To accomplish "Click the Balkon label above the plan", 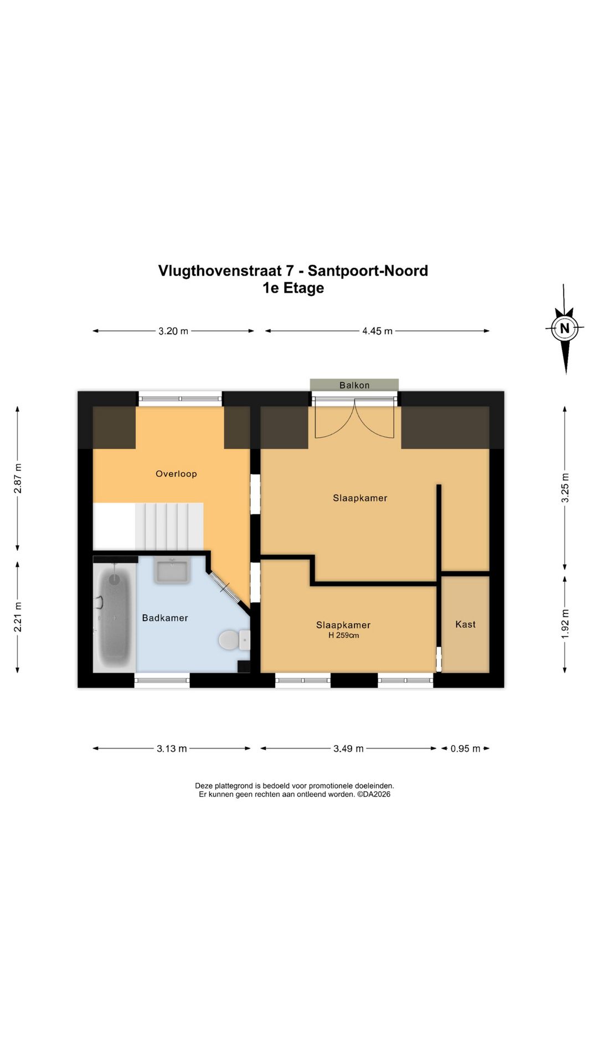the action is coord(354,385).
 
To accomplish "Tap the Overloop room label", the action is coord(176,474).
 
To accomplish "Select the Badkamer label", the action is coord(165,618).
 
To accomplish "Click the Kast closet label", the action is coord(466,625).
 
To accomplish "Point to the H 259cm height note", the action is coord(344,636).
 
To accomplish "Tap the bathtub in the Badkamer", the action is coord(115,615).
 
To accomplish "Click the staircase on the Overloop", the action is coord(169,526).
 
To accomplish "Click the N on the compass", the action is coord(565,328).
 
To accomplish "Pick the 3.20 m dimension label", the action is coord(173,331).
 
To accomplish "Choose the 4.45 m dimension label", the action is coord(378,331).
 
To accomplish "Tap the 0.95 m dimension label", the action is coord(466,749).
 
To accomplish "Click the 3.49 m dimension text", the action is coord(348,749).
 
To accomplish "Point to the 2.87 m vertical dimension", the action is coord(18,478).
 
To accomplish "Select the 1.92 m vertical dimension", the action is coord(565,624).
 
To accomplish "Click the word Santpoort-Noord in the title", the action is coord(368,271).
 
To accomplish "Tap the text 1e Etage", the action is coord(293,288).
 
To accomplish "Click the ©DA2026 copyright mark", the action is coord(374,794).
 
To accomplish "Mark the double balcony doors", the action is coord(354,421).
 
